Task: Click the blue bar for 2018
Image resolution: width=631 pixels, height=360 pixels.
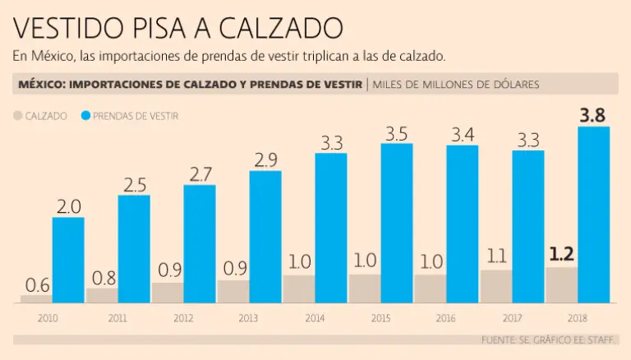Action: pos(593,215)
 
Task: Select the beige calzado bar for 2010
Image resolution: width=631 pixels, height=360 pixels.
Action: pos(36,299)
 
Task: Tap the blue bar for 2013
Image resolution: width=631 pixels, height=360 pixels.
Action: pos(265,237)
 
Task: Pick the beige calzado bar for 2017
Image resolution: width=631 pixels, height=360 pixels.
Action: pos(495,287)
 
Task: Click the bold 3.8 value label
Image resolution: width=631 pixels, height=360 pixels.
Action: pos(593,115)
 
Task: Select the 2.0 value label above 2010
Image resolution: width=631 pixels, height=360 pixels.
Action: pos(68,206)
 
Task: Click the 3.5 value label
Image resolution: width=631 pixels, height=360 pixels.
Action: pos(396,132)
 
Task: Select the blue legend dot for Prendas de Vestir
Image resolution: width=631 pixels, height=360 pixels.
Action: pos(85,117)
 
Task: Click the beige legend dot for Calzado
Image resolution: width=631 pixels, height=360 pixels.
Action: pos(18,117)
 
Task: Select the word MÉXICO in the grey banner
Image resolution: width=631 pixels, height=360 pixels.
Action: pos(42,85)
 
